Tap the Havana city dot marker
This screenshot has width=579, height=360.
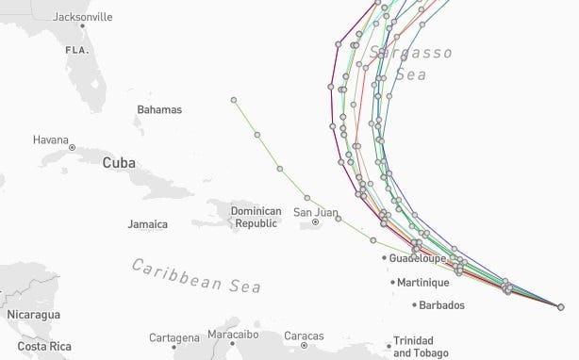point(73,148)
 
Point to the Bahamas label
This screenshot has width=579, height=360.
point(158,110)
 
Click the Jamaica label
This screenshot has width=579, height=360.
point(147,224)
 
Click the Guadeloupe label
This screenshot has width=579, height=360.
point(421,257)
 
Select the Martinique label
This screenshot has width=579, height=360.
point(422,282)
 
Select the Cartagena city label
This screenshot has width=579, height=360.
point(174,336)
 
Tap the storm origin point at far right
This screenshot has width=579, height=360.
point(560,307)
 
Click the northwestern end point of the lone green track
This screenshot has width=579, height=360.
point(234,99)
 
